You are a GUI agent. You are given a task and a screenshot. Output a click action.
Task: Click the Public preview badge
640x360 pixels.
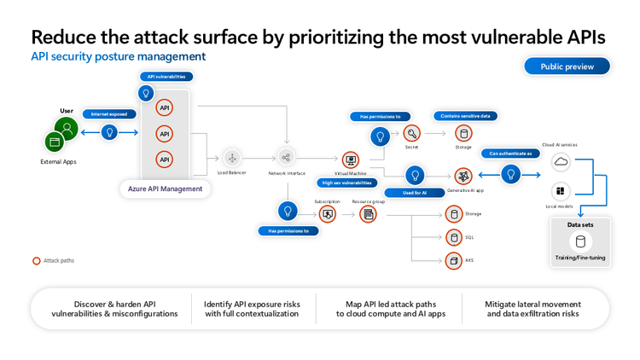pyautogui.click(x=567, y=67)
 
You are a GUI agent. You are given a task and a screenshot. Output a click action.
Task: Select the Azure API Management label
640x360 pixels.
pyautogui.click(x=165, y=189)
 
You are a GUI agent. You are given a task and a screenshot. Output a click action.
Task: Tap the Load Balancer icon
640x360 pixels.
pyautogui.click(x=231, y=158)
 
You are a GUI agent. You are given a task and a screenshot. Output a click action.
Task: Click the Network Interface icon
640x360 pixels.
pyautogui.click(x=286, y=157)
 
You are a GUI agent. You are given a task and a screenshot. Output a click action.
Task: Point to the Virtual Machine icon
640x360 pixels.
pyautogui.click(x=350, y=160)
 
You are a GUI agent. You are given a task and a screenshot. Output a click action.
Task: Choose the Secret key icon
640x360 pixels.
pyautogui.click(x=411, y=133)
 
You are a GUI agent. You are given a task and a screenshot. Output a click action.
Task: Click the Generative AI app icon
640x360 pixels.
pyautogui.click(x=463, y=176)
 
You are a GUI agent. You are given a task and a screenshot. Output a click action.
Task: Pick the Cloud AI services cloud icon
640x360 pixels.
pyautogui.click(x=561, y=161)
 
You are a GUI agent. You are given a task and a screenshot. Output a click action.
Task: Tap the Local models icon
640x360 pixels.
pyautogui.click(x=561, y=191)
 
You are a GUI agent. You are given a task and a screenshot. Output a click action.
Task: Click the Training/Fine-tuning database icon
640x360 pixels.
pyautogui.click(x=580, y=241)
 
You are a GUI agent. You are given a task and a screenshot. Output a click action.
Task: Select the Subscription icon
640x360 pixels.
pyautogui.click(x=327, y=214)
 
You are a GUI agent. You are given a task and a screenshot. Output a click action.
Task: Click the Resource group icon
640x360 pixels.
pyautogui.click(x=369, y=214)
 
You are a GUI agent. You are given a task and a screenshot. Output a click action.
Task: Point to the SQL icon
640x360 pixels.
pyautogui.click(x=454, y=237)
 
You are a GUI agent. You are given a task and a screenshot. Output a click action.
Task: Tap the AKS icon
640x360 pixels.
pyautogui.click(x=454, y=260)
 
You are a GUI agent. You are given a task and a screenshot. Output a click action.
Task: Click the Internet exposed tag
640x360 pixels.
pyautogui.click(x=108, y=113)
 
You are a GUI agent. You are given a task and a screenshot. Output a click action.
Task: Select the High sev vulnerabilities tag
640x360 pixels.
pyautogui.click(x=347, y=183)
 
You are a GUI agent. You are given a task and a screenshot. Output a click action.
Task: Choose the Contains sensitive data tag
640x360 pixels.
pyautogui.click(x=465, y=116)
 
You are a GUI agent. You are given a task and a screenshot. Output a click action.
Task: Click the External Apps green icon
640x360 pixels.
pyautogui.click(x=55, y=142)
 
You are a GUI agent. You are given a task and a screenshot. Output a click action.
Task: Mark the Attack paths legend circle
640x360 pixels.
pyautogui.click(x=37, y=261)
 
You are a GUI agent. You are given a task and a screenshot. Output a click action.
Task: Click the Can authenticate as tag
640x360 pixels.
pyautogui.click(x=511, y=154)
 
